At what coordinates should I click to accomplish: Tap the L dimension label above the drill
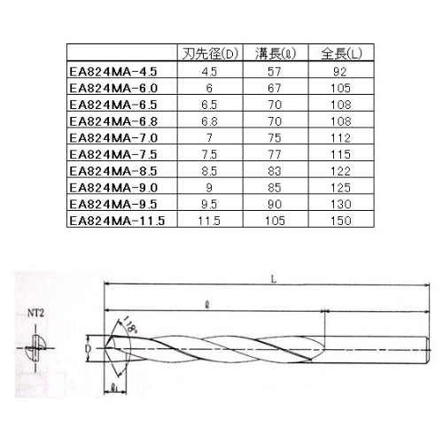pyautogui.click(x=276, y=278)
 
